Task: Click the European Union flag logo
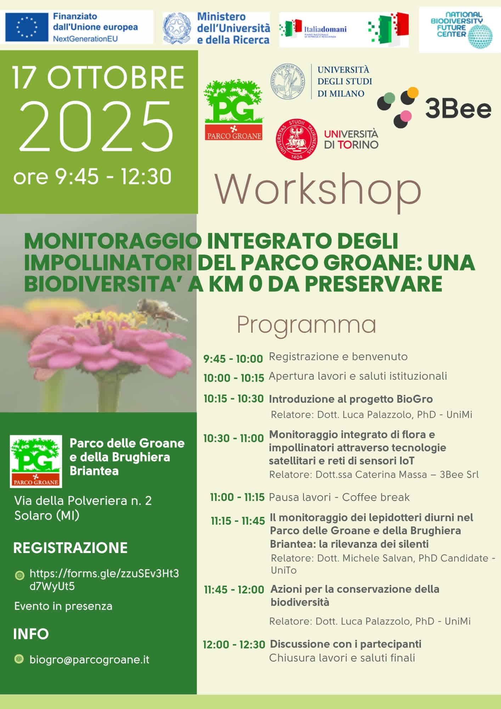pos(27,27)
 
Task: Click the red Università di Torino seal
pos(297,139)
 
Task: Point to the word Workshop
pos(318,190)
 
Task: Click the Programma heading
pos(306,324)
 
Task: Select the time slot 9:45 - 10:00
pos(233,359)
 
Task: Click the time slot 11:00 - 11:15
pos(237,497)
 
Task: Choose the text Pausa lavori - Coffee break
pos(339,497)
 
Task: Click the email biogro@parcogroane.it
pos(89,660)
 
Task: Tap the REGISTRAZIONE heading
pos(70,548)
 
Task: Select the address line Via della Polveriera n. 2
pos(83,501)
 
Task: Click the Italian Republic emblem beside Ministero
pos(177,28)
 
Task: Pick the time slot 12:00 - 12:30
pos(234,644)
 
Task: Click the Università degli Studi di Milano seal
pos(287,81)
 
